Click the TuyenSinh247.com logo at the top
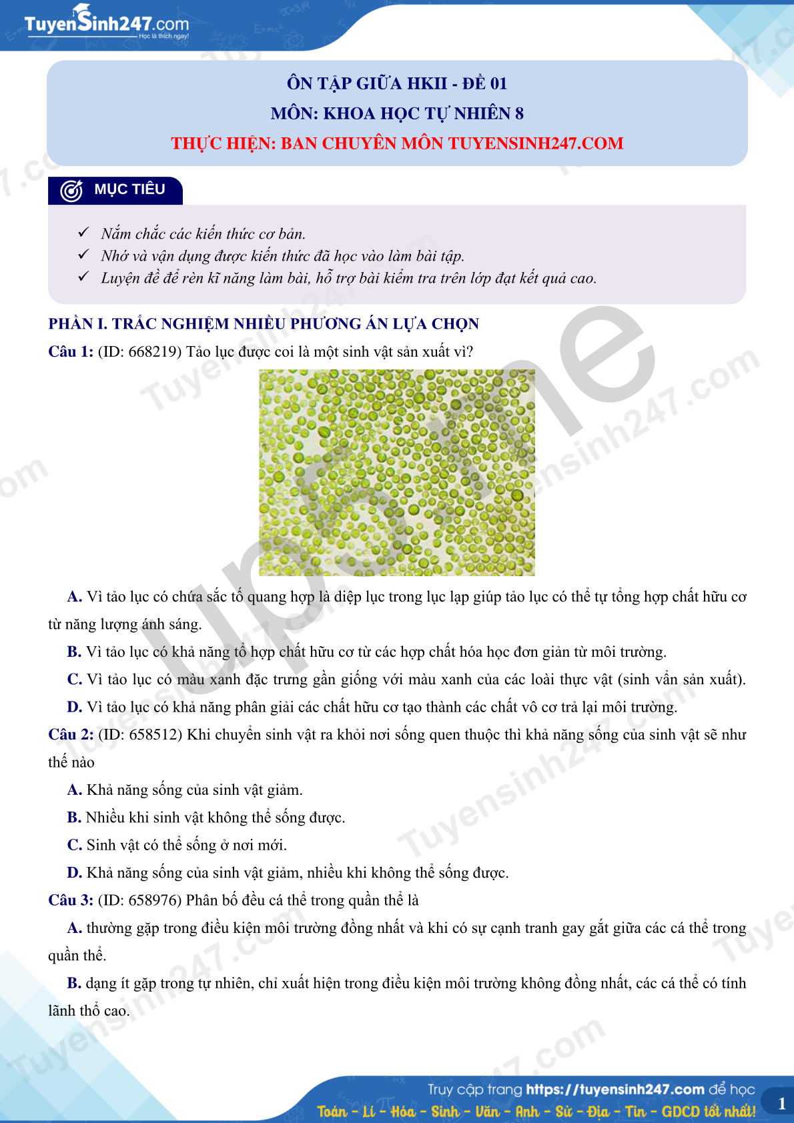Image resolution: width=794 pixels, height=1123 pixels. (106, 25)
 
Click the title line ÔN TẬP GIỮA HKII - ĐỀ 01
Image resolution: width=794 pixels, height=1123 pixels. (397, 83)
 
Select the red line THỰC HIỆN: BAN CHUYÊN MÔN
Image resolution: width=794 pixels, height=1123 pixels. (397, 143)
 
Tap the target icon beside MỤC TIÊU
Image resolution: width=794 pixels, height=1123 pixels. (71, 191)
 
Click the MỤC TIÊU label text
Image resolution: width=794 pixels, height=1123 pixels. (129, 189)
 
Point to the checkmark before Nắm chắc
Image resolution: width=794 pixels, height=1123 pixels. (83, 232)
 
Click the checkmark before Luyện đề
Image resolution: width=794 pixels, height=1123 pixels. (83, 276)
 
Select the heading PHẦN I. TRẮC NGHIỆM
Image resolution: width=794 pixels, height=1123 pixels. (264, 324)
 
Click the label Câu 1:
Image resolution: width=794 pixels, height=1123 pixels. (71, 352)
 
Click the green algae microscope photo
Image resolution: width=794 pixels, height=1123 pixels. (397, 472)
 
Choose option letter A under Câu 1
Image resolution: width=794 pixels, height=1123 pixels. (74, 597)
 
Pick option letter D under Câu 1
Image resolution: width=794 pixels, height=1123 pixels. (74, 707)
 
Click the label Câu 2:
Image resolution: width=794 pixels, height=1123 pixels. (71, 735)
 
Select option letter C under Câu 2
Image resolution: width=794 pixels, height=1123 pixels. (74, 845)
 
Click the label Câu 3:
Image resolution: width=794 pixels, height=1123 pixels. (71, 900)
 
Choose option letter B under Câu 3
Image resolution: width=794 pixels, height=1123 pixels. (74, 983)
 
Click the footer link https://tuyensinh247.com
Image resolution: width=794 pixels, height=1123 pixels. (615, 1090)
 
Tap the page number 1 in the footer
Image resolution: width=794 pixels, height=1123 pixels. (782, 1104)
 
